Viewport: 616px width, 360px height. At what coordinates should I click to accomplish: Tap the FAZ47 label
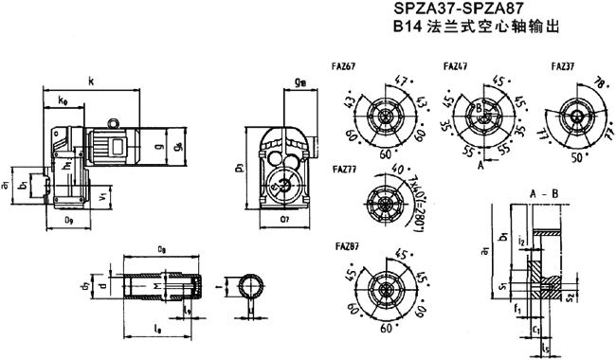[x=456, y=65]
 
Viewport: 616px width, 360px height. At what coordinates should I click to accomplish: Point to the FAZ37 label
[x=560, y=65]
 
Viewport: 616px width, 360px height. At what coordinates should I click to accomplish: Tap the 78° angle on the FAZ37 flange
[x=599, y=81]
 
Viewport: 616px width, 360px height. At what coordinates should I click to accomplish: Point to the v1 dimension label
[x=102, y=197]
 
